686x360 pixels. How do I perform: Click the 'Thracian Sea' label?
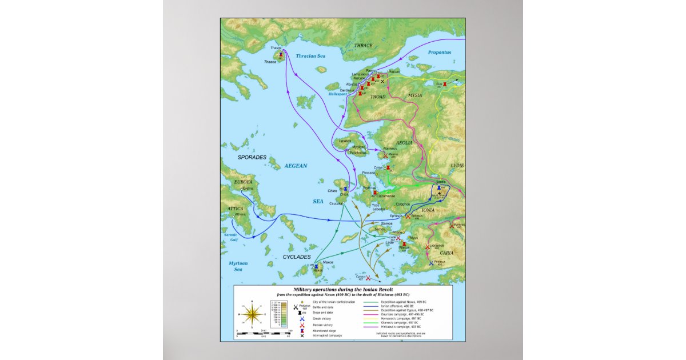click(x=311, y=56)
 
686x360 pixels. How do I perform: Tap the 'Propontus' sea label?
click(x=440, y=52)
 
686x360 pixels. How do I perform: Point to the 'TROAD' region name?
click(x=378, y=97)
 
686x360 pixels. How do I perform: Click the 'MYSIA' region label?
click(x=414, y=95)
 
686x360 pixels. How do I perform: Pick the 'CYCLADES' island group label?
click(x=296, y=257)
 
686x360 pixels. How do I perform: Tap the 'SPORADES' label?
click(x=252, y=157)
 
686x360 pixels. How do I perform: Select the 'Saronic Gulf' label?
click(x=230, y=238)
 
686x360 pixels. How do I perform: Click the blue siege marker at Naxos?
click(x=316, y=266)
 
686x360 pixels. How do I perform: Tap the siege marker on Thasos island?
click(x=281, y=55)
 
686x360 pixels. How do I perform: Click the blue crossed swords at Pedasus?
click(x=431, y=263)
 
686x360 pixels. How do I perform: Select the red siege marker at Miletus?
click(x=404, y=244)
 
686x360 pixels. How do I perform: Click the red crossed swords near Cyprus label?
click(x=368, y=278)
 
